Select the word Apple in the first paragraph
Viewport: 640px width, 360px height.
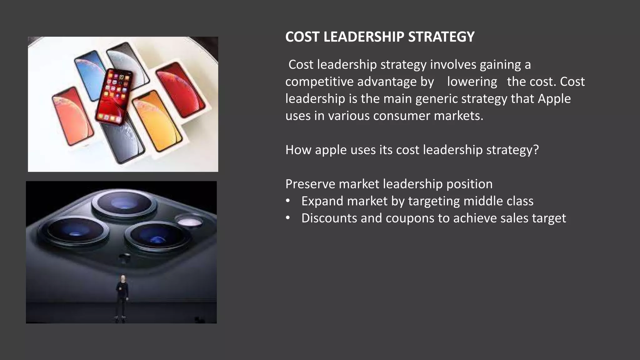pyautogui.click(x=554, y=99)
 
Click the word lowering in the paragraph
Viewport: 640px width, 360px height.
pyautogui.click(x=472, y=82)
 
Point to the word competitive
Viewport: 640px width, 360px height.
pyautogui.click(x=319, y=82)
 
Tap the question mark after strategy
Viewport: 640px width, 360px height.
pyautogui.click(x=536, y=150)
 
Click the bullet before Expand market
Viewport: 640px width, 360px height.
pyautogui.click(x=288, y=201)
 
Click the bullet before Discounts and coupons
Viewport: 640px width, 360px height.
pyautogui.click(x=288, y=218)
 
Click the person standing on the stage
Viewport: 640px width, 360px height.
pyautogui.click(x=122, y=297)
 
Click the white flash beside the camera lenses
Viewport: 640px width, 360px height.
pyautogui.click(x=190, y=222)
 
